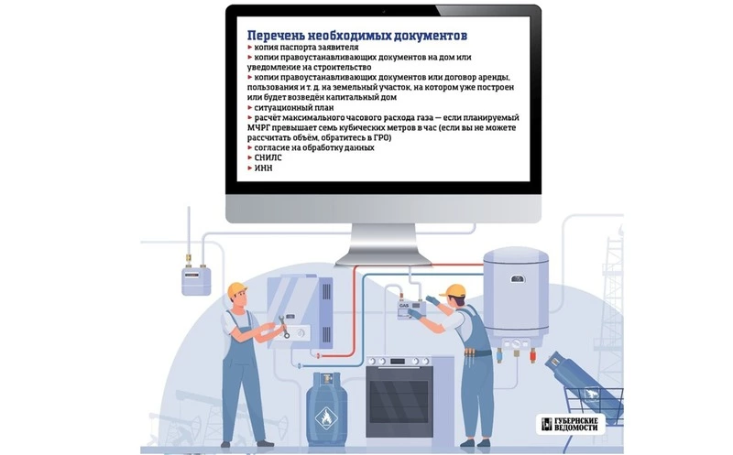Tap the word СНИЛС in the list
[x=268, y=157]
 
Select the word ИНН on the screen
[x=263, y=168]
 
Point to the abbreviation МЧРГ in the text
[x=259, y=128]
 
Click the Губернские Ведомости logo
[x=571, y=424]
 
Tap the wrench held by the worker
[x=284, y=326]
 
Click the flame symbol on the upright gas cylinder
[x=326, y=417]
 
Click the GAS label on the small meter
[x=404, y=306]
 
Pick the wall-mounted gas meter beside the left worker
[x=196, y=280]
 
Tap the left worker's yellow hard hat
[x=237, y=288]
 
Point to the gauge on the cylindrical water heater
[x=518, y=279]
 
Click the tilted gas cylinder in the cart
[x=583, y=384]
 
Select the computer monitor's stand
[x=383, y=244]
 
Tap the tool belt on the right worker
[x=476, y=352]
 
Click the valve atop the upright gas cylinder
[x=326, y=378]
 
